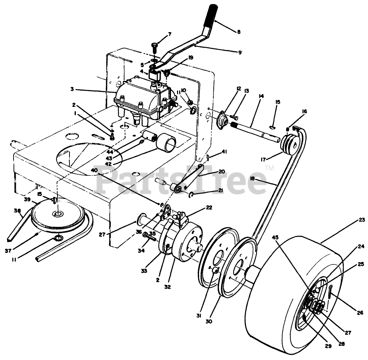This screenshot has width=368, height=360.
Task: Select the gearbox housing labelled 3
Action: [x=142, y=98]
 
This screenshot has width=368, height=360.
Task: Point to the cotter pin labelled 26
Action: [x=330, y=292]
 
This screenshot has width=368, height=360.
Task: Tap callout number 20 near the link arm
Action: [x=222, y=171]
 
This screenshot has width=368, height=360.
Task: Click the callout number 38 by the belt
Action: [x=17, y=211]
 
